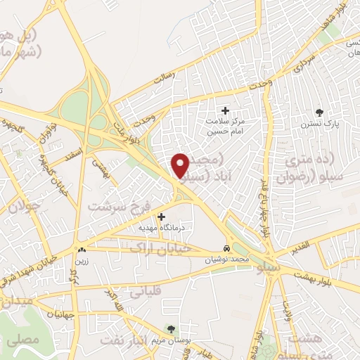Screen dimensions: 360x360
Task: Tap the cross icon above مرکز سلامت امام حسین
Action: pos(225,110)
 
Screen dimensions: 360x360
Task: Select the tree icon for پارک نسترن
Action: pos(319,112)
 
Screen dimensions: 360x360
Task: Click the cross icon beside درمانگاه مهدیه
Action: pos(162,217)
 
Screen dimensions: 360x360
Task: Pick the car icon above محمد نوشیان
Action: pos(226,249)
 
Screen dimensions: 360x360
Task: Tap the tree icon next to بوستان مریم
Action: pos(170,328)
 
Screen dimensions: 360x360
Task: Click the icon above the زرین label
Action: pos(82,248)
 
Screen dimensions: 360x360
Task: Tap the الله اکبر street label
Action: pos(115,302)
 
